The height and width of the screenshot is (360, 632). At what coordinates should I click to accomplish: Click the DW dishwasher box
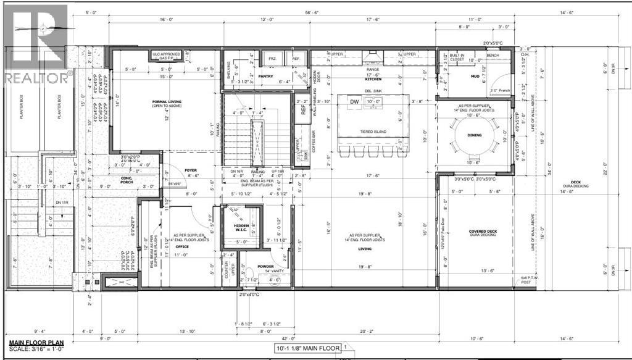pos(354,101)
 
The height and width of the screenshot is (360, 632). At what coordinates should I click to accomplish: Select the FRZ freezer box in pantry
pos(271,58)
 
